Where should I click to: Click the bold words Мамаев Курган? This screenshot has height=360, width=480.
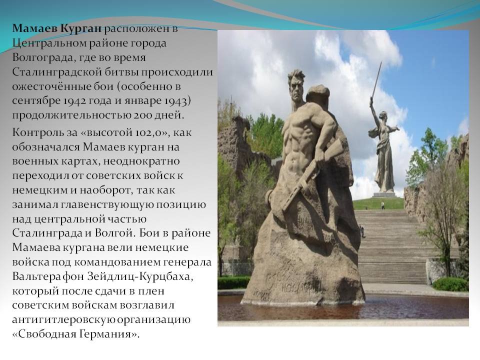click(56, 28)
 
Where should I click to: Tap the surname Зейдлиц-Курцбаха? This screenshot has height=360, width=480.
click(140, 276)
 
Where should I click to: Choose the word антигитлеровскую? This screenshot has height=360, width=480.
click(63, 319)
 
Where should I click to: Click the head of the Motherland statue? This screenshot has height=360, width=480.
click(382, 115)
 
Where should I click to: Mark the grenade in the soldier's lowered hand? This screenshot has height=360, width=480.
click(269, 196)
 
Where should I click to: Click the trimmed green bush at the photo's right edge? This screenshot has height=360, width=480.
click(450, 284)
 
